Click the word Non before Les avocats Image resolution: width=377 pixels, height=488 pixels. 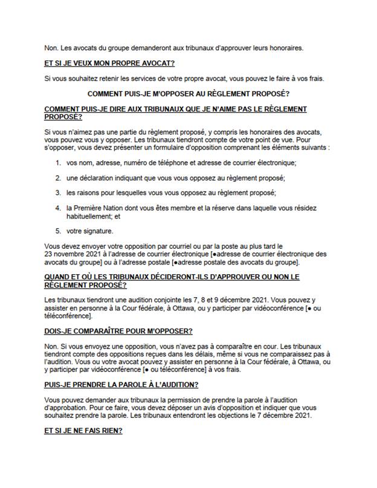point(51,48)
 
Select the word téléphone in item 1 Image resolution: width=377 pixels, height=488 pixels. point(164,163)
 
